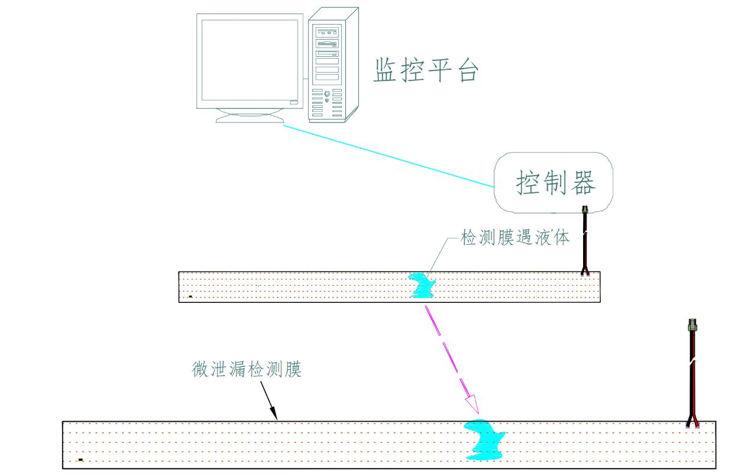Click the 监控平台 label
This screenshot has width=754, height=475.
click(x=425, y=70)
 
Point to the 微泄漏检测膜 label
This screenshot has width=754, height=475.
click(x=247, y=370)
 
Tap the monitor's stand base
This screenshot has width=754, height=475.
click(x=250, y=118)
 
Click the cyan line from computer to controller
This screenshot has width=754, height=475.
click(x=390, y=156)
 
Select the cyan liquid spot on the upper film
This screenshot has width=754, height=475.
click(x=424, y=285)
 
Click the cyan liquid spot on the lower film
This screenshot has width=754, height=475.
click(x=485, y=441)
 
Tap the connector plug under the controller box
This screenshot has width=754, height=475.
click(x=585, y=211)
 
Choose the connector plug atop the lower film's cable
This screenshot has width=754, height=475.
click(x=692, y=326)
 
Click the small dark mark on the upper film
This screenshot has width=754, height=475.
click(x=190, y=296)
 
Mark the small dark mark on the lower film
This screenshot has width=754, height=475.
click(x=80, y=460)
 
